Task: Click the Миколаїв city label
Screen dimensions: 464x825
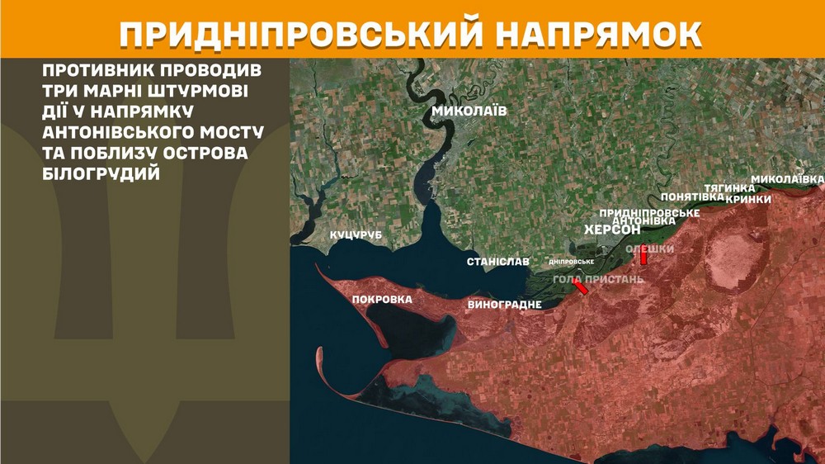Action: (x=470, y=111)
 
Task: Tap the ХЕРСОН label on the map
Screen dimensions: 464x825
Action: (x=612, y=230)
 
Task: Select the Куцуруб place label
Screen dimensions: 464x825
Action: (x=358, y=236)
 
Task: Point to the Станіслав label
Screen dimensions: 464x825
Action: (x=497, y=262)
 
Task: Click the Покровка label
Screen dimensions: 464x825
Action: (x=382, y=300)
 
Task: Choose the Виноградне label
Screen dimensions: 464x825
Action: (x=504, y=305)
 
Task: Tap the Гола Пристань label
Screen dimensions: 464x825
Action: (x=598, y=279)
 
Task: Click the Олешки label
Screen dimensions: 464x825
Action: (x=650, y=249)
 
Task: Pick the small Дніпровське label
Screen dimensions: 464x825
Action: (x=572, y=262)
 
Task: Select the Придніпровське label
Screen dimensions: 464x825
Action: (x=649, y=212)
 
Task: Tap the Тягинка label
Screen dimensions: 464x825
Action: (x=730, y=188)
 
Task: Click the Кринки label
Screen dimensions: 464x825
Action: (x=748, y=199)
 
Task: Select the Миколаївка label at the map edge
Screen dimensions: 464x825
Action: (x=787, y=179)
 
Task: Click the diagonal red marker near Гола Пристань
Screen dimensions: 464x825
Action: (x=582, y=287)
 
